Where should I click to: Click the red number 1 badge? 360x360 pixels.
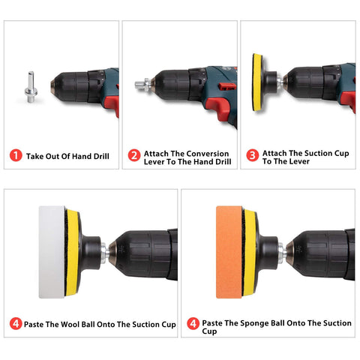pos(16,155)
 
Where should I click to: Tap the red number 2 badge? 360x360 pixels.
pos(134,155)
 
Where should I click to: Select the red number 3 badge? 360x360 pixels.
pos(253,155)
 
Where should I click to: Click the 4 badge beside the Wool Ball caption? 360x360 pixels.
pos(16,323)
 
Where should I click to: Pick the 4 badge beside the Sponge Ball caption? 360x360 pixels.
pos(193,323)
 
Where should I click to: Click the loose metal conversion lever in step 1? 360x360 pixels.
pos(31,87)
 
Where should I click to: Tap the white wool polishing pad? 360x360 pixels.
pos(52,252)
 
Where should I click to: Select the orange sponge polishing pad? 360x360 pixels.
pos(229,252)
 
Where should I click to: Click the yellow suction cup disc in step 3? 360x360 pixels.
pos(257,82)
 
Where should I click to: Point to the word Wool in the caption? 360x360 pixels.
pos(70,324)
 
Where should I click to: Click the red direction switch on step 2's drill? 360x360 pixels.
pos(227,86)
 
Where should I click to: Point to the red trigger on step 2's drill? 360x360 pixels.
pos(219,107)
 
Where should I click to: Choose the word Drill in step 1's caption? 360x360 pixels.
pos(101,156)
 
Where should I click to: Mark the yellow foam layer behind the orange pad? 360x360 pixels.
pos(249,253)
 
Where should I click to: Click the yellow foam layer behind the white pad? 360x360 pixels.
pos(72,253)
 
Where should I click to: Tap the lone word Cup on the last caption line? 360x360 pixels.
pos(209,331)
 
